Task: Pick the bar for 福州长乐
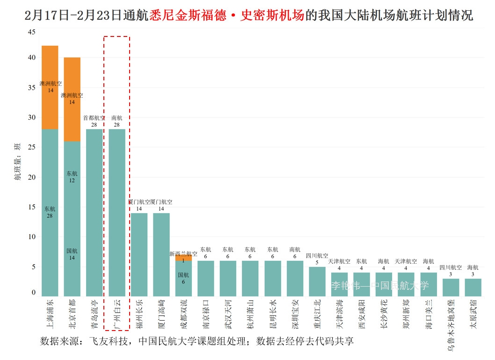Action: tap(139, 255)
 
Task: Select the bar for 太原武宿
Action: tap(473, 288)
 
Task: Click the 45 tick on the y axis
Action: tap(31, 32)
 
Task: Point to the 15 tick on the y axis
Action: tap(31, 207)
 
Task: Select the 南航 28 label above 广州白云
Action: tap(117, 121)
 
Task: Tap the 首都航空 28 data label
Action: tap(94, 121)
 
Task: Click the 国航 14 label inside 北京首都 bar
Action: tap(72, 254)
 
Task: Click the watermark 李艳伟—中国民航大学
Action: tap(380, 286)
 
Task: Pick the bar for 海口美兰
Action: tap(428, 284)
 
